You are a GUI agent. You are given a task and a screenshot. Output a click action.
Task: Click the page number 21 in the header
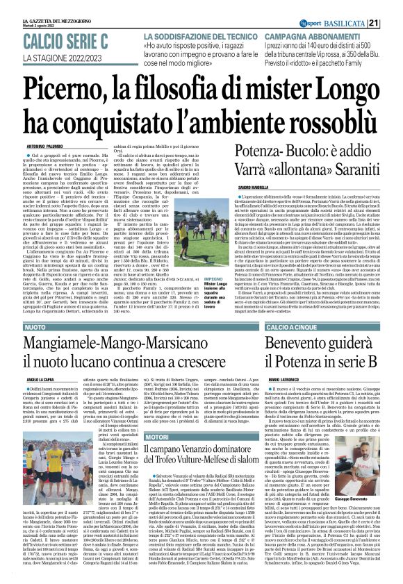pos(392,6)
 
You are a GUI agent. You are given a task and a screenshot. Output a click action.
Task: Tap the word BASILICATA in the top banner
pos(364,6)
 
